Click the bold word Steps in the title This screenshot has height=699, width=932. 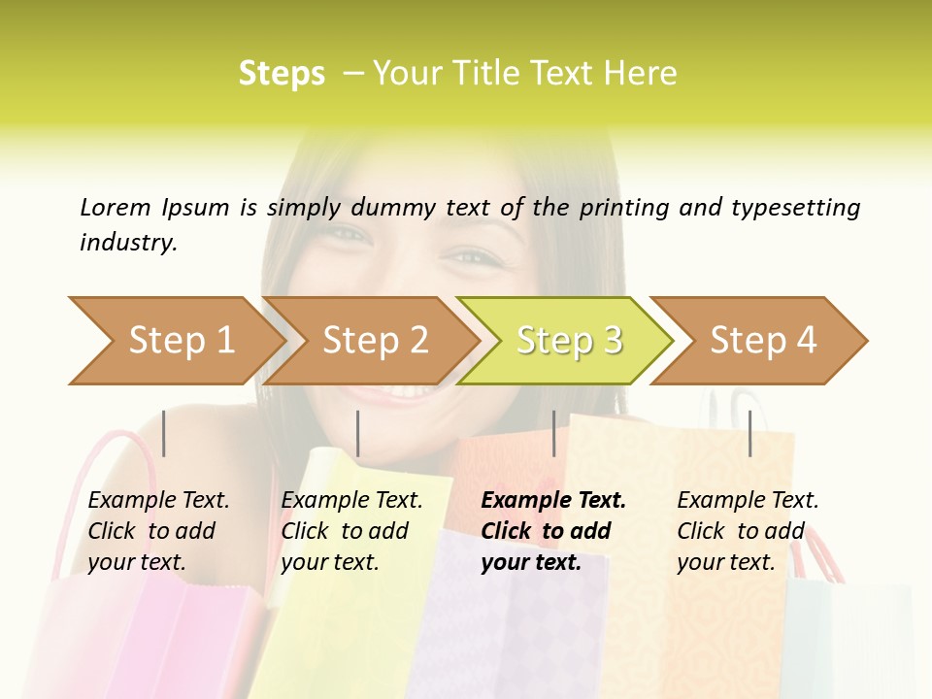click(282, 74)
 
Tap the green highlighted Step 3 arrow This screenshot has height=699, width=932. click(568, 341)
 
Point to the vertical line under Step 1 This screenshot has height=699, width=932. click(164, 433)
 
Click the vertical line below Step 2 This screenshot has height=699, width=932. click(358, 433)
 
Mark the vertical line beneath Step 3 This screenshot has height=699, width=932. click(553, 433)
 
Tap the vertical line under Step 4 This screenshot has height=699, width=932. click(749, 433)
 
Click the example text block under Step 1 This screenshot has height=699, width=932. click(158, 531)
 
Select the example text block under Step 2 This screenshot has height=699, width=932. click(351, 531)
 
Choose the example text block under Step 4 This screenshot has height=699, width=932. click(748, 531)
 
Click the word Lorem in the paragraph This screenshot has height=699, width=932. click(116, 207)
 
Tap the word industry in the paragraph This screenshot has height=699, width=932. click(127, 243)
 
